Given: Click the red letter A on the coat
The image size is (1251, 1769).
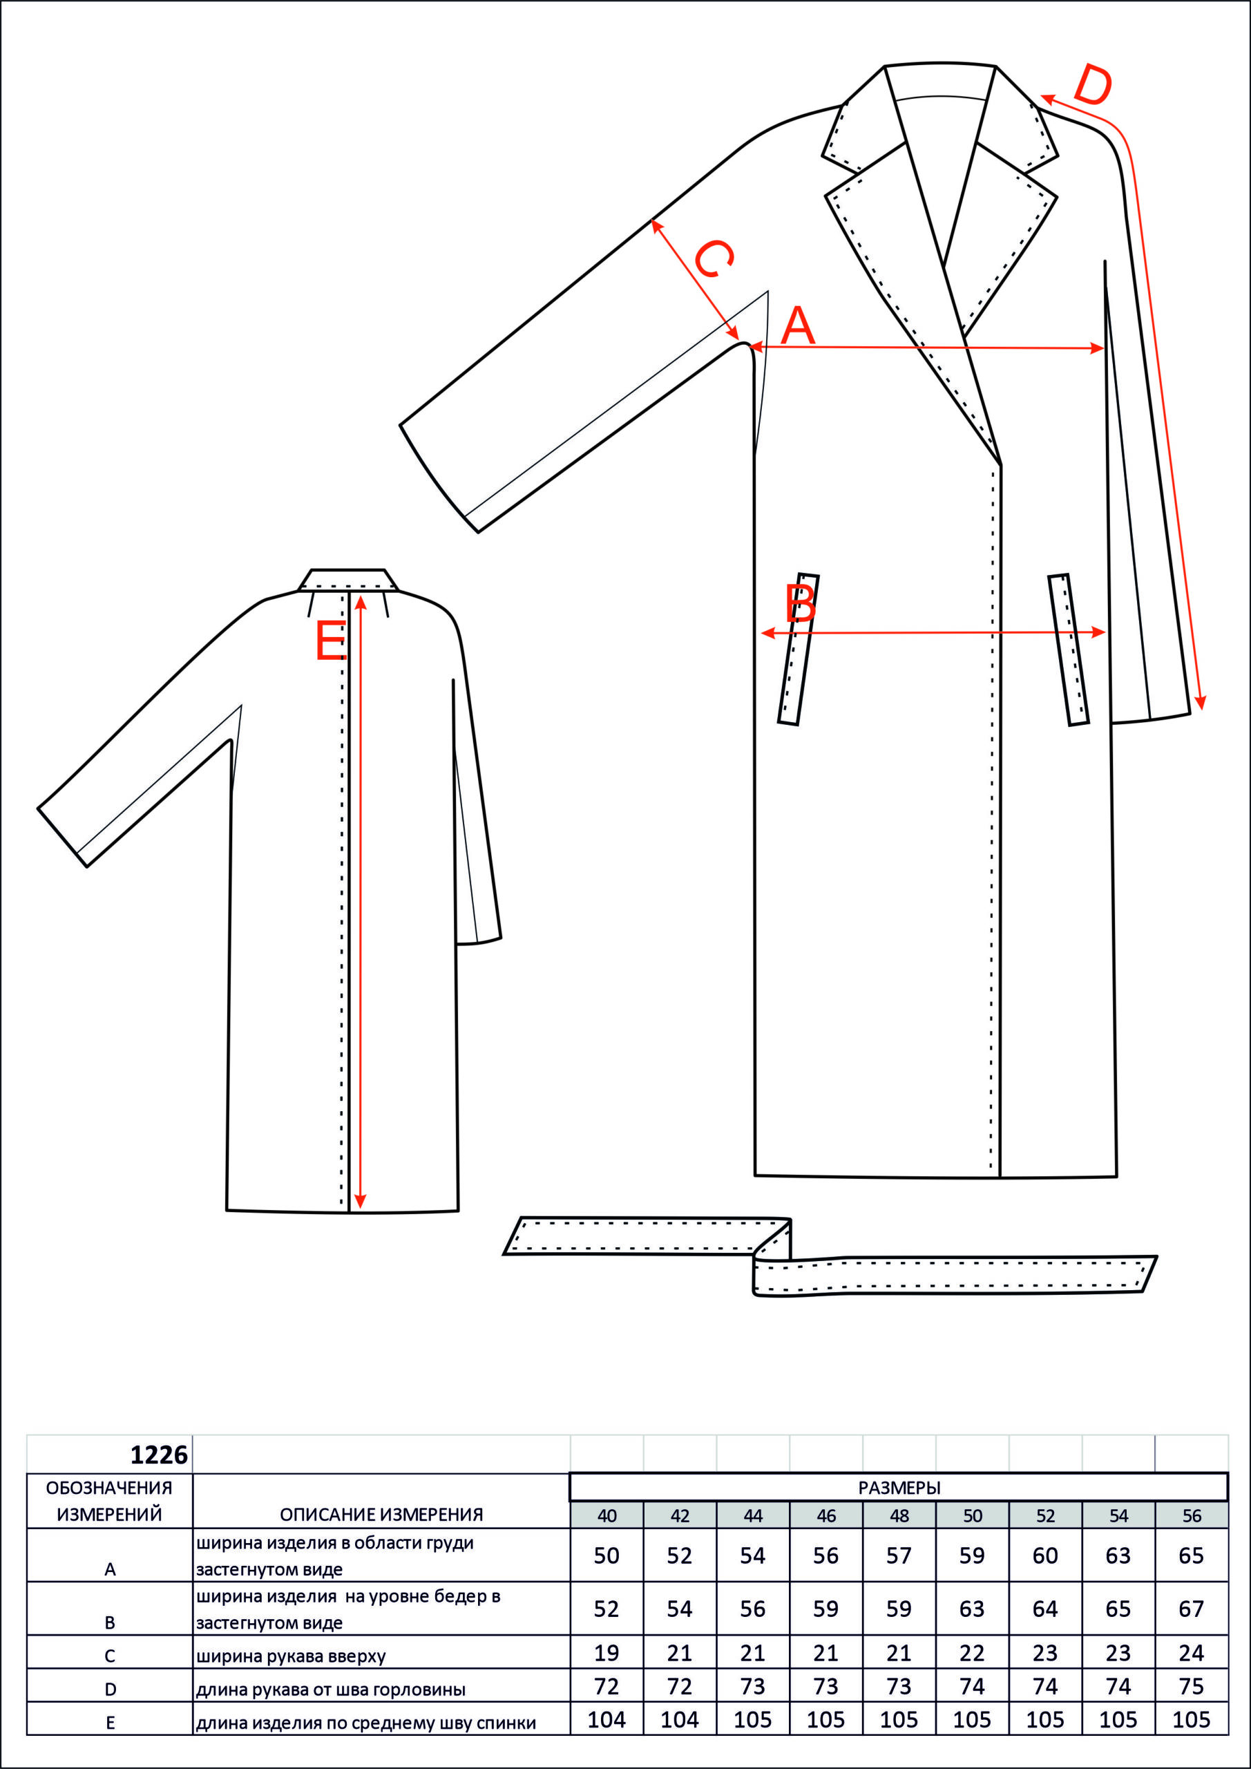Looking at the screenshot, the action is click(x=797, y=325).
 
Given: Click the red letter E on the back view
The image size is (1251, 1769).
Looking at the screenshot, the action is click(x=332, y=641).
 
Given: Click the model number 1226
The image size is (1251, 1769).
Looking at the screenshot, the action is click(x=159, y=1455).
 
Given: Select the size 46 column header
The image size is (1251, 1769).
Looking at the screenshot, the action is click(x=825, y=1515).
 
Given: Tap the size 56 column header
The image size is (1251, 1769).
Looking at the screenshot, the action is click(x=1192, y=1515).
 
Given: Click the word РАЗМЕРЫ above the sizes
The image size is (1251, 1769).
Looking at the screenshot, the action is click(x=899, y=1488).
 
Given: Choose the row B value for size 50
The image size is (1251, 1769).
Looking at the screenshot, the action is click(x=972, y=1609).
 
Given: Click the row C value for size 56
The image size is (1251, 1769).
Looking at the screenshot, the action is click(x=1192, y=1653).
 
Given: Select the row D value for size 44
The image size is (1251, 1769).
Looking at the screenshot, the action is click(x=752, y=1687).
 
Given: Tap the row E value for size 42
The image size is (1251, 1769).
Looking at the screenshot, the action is click(x=680, y=1720).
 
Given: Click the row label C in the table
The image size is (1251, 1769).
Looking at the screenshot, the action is click(x=109, y=1656).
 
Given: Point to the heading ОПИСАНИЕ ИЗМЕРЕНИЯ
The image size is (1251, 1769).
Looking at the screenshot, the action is click(x=381, y=1515).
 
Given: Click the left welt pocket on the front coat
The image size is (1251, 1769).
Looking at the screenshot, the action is click(x=799, y=649).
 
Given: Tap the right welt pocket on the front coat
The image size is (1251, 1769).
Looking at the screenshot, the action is click(x=1069, y=650).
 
